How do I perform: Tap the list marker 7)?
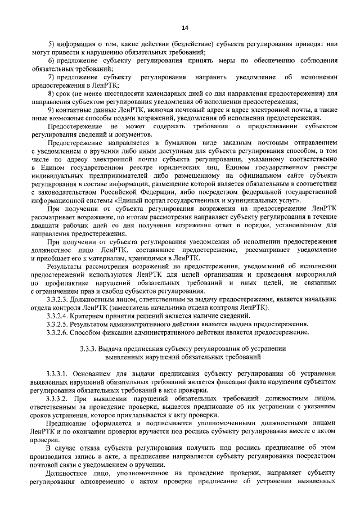pyautogui.click(x=51, y=76)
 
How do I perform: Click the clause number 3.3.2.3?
pyautogui.click(x=60, y=301)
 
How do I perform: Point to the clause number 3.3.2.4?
pyautogui.click(x=60, y=317)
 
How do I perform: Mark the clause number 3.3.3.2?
pyautogui.click(x=60, y=397)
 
